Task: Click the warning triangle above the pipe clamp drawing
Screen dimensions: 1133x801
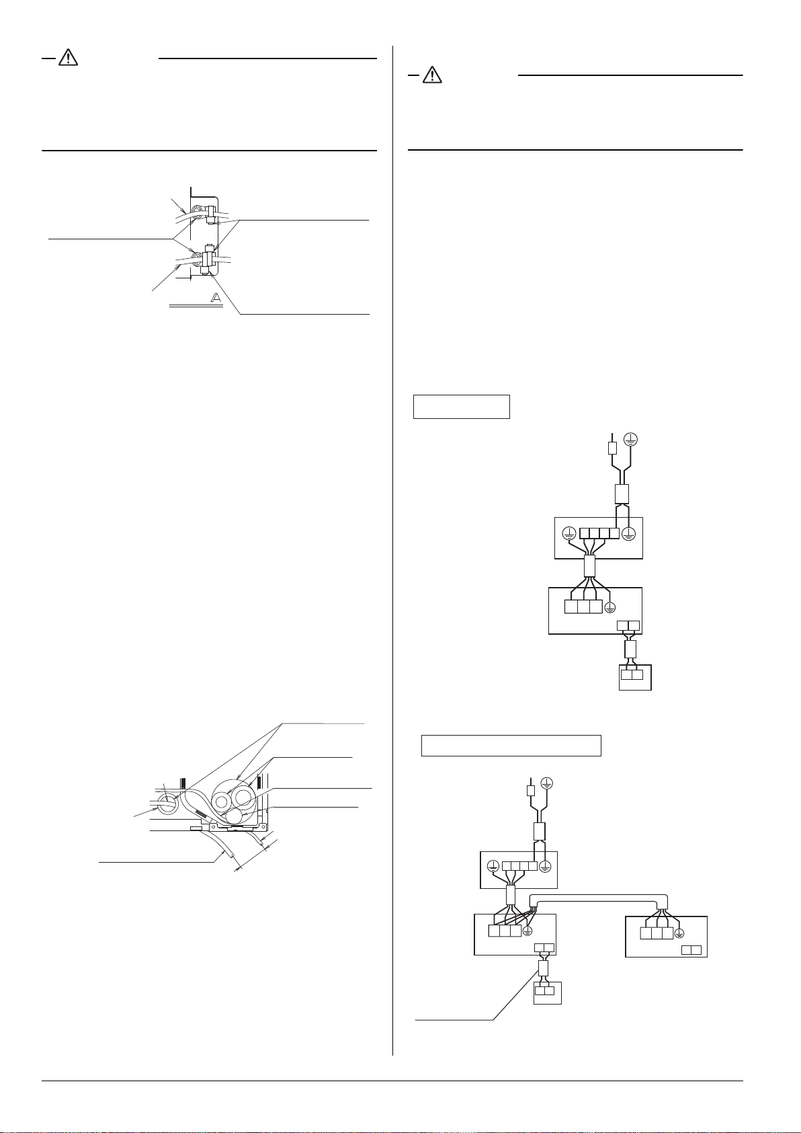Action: (x=68, y=58)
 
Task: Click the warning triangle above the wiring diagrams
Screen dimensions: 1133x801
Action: (x=432, y=75)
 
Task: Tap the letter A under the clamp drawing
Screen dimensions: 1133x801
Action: (x=216, y=298)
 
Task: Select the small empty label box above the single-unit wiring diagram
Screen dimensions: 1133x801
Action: (x=461, y=407)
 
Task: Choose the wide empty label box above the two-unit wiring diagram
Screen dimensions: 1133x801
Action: (x=511, y=746)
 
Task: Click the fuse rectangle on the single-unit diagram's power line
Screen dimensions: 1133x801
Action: (x=612, y=447)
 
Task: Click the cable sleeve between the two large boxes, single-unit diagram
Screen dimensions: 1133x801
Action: (x=590, y=565)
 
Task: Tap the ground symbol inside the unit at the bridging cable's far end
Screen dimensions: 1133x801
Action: (x=679, y=933)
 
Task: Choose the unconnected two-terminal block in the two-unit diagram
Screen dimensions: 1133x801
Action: (x=691, y=950)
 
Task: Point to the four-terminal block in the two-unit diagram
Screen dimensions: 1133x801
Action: (x=520, y=866)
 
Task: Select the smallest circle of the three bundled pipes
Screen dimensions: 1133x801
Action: (x=235, y=816)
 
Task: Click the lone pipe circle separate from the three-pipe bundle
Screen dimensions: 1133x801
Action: (x=167, y=803)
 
